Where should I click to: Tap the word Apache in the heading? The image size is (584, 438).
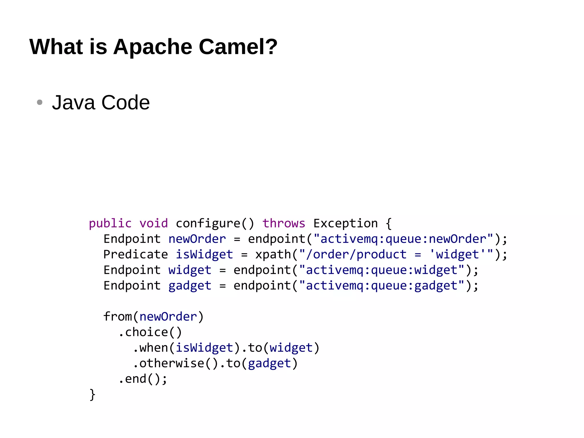click(x=153, y=47)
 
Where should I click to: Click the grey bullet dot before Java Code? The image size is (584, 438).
click(x=40, y=102)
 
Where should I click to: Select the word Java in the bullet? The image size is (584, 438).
click(x=73, y=102)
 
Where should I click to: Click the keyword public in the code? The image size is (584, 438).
click(x=110, y=223)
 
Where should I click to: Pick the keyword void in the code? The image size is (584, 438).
click(x=153, y=223)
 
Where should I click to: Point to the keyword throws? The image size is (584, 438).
click(x=284, y=223)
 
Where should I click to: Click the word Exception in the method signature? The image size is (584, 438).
click(x=345, y=223)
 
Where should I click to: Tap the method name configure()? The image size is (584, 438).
click(x=214, y=223)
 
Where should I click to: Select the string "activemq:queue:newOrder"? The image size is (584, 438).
click(x=403, y=239)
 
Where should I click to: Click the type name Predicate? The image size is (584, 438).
click(x=135, y=254)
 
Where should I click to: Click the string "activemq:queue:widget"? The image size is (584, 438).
click(x=382, y=270)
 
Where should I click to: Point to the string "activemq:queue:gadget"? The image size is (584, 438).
click(x=382, y=285)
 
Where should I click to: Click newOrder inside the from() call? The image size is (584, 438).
click(x=168, y=316)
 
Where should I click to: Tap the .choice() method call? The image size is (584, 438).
click(x=150, y=332)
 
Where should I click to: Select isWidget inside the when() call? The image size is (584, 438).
click(x=204, y=348)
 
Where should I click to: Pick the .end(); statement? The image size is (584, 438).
click(x=142, y=379)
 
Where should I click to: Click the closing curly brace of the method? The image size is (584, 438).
click(x=92, y=395)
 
